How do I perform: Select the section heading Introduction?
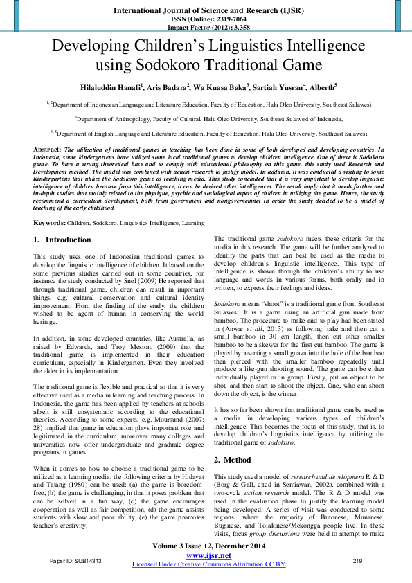tap(68, 240)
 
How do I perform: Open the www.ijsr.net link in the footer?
tap(206, 555)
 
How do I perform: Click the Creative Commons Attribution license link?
tap(208, 564)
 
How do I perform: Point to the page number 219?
tap(358, 560)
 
